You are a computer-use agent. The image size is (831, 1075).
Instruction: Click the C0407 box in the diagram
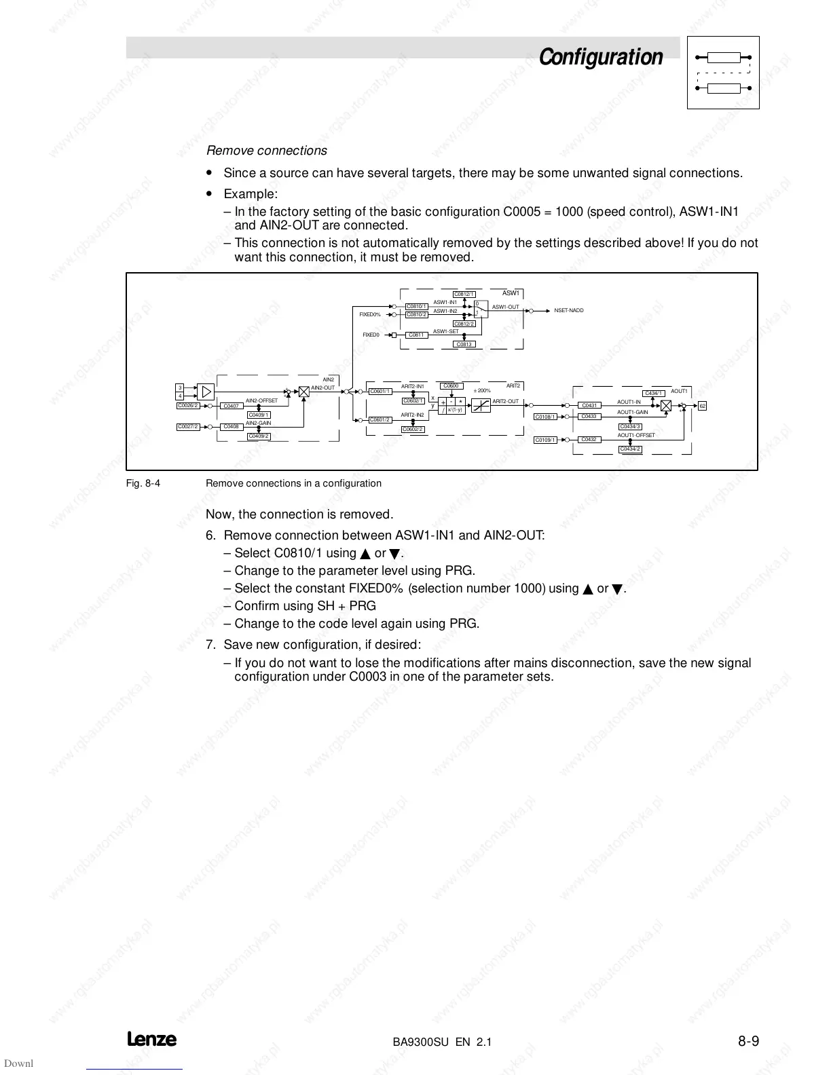[x=232, y=406]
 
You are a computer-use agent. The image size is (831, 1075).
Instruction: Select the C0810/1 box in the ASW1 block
[x=416, y=306]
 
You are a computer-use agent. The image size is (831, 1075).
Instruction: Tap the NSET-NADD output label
[x=568, y=310]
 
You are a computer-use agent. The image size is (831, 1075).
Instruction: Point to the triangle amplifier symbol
[x=206, y=392]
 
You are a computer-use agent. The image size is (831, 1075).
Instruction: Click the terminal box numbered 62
[x=703, y=405]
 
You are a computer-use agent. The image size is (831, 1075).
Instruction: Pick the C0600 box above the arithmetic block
[x=451, y=386]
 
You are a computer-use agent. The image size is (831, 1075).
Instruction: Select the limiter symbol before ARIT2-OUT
[x=481, y=405]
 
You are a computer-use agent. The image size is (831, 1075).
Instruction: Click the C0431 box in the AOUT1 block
[x=589, y=405]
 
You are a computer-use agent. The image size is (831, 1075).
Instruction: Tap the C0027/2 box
[x=188, y=426]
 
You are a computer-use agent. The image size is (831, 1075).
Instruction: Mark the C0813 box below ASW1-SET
[x=464, y=344]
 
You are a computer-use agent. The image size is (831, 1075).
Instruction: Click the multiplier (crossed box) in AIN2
[x=303, y=392]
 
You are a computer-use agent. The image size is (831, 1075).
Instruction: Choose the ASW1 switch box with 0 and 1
[x=480, y=309]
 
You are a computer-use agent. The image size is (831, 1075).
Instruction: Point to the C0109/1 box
[x=545, y=440]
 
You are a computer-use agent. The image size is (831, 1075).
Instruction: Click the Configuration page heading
[x=600, y=57]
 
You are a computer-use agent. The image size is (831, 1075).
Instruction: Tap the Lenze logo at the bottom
[x=151, y=1039]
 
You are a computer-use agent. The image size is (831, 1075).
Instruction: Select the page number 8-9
[x=748, y=1040]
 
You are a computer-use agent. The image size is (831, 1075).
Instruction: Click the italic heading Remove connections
[x=266, y=151]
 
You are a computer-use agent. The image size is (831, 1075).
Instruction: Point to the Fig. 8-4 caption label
[x=143, y=483]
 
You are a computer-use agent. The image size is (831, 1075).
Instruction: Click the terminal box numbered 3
[x=180, y=388]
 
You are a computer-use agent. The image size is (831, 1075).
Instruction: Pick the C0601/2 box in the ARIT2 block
[x=380, y=419]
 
